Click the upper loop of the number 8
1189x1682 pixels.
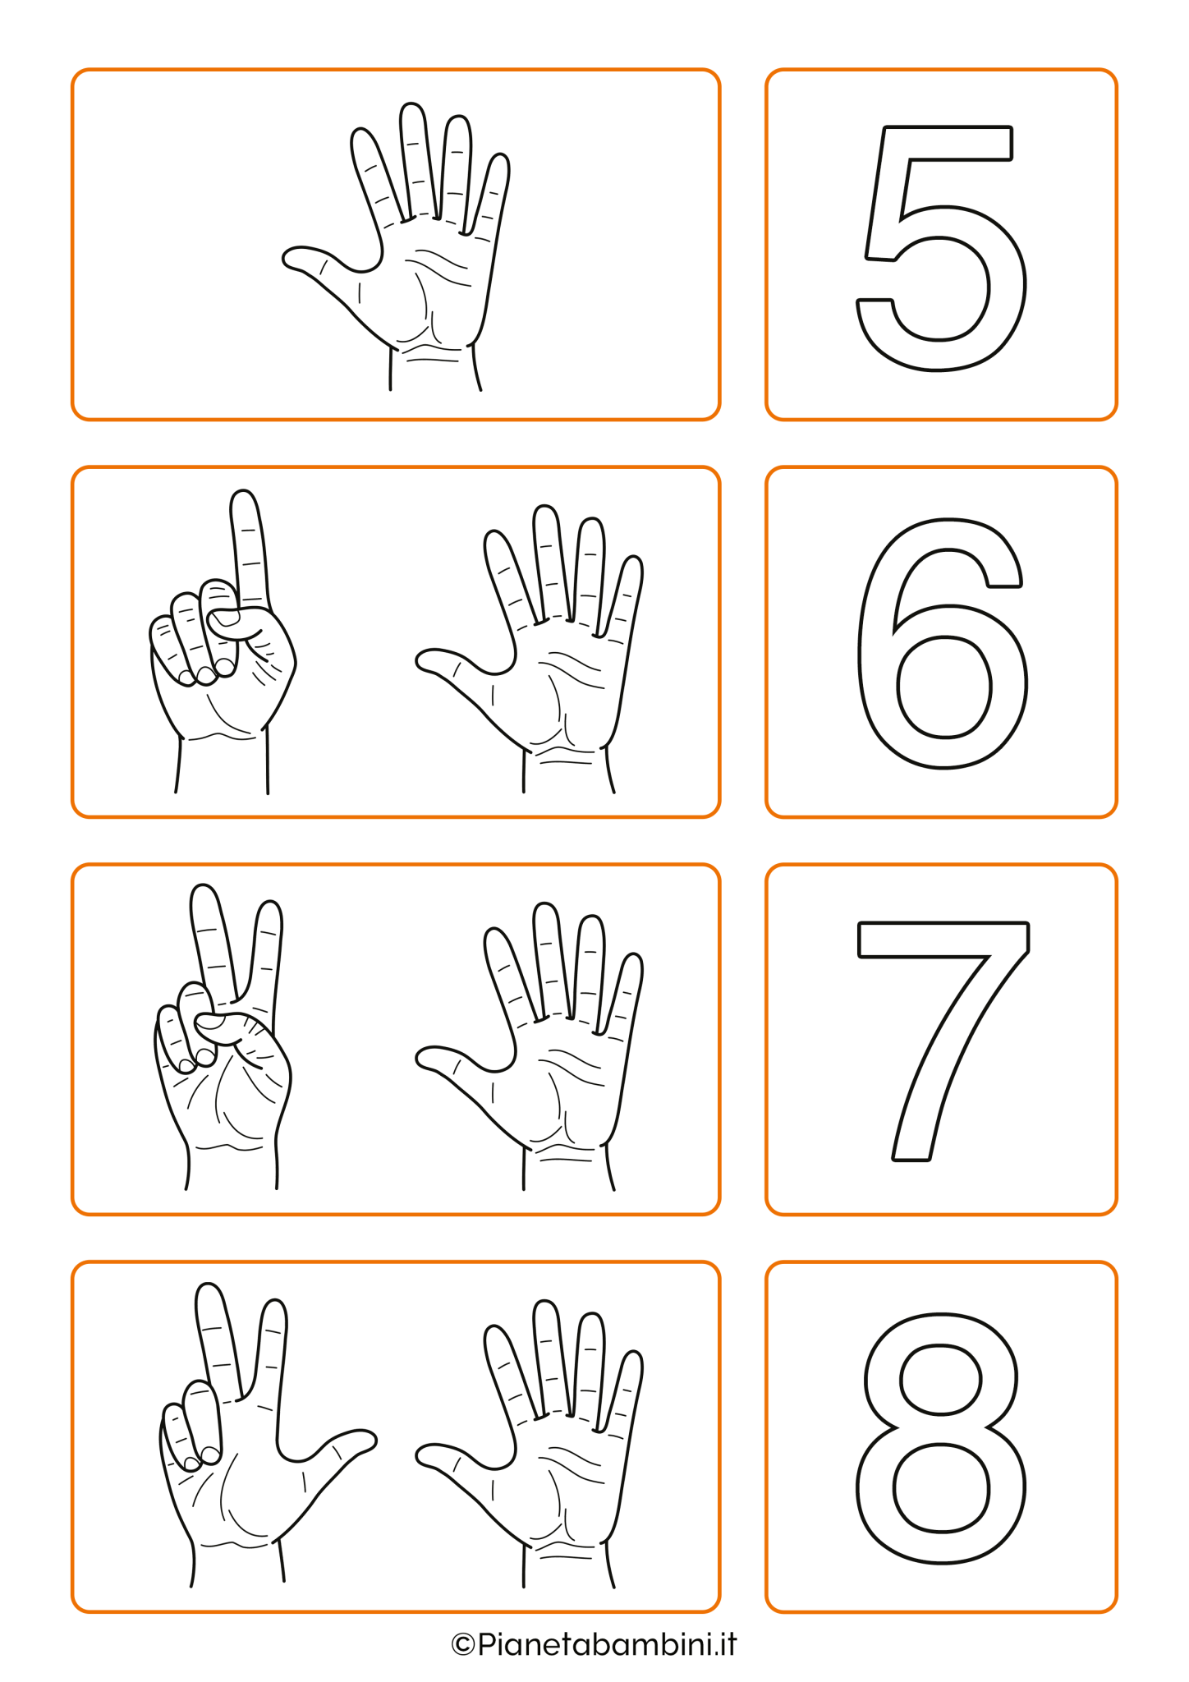pyautogui.click(x=940, y=1380)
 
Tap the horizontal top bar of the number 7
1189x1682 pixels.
pyautogui.click(x=943, y=940)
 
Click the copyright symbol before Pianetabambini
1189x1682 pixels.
pyautogui.click(x=463, y=1645)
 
